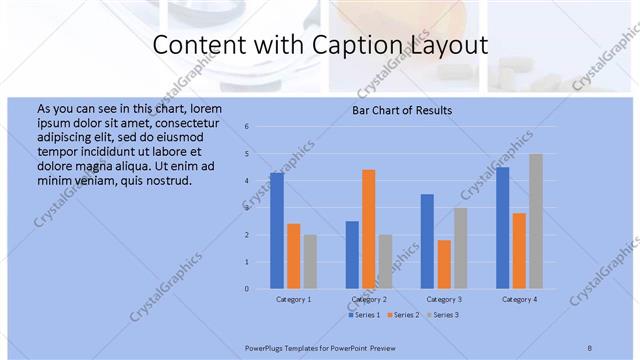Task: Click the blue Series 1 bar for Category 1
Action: click(277, 231)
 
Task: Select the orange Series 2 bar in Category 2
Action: click(368, 229)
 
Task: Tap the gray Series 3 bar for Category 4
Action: click(535, 221)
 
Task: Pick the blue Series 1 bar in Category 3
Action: click(427, 241)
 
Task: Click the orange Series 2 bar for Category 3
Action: click(444, 264)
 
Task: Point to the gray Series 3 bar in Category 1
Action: click(310, 262)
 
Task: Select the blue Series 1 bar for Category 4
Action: click(502, 228)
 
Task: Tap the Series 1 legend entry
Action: click(364, 315)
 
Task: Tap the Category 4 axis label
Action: click(519, 299)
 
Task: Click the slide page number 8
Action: click(590, 347)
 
